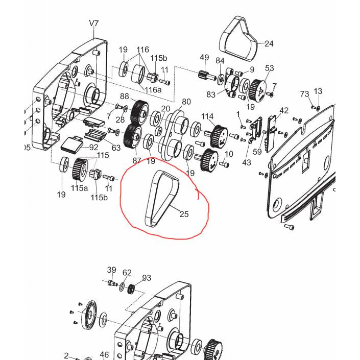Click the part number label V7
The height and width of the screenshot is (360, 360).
(94, 23)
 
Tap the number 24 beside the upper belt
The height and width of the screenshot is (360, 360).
(269, 43)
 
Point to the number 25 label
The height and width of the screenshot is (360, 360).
(184, 214)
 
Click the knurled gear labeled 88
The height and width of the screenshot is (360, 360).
(138, 112)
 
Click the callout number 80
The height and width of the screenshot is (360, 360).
(186, 102)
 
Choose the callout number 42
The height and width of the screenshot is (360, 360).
(284, 111)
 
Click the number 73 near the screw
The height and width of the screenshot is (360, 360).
(304, 94)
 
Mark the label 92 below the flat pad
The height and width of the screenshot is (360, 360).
(93, 147)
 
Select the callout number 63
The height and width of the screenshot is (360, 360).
(116, 148)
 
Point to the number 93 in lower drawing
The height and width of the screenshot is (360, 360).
(147, 278)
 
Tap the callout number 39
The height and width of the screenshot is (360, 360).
(111, 270)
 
